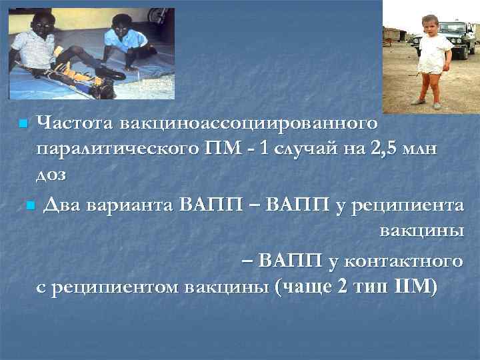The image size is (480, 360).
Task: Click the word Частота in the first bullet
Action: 76,123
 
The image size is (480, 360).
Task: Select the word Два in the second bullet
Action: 63,204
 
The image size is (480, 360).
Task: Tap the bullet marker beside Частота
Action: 23,124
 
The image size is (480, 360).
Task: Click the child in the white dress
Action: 429,57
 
